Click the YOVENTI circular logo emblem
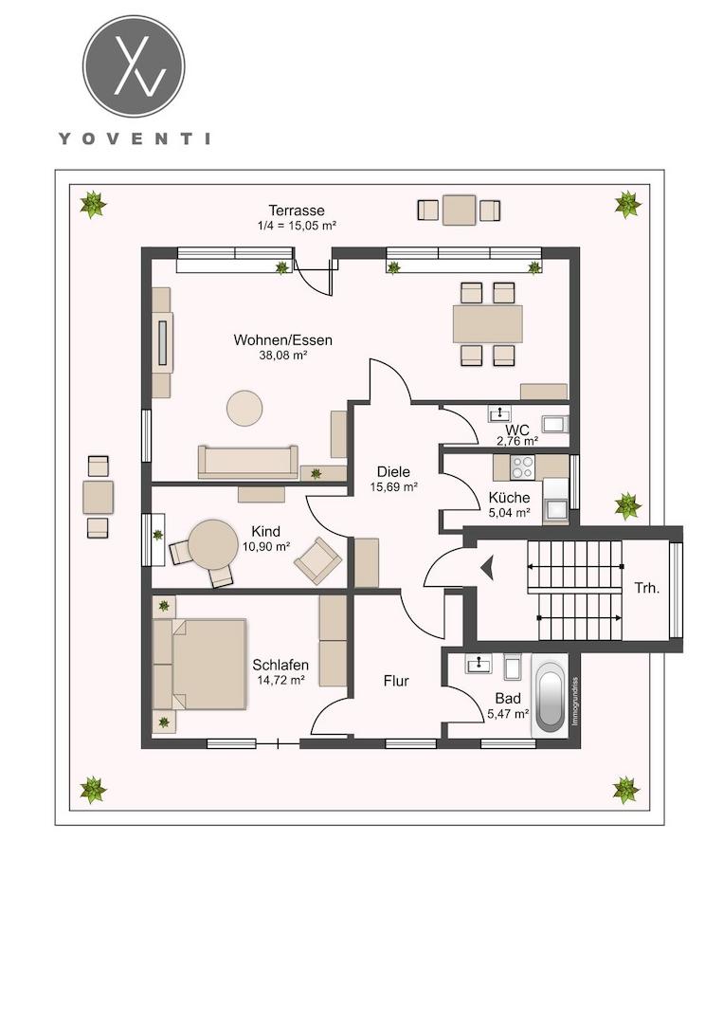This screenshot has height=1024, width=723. coord(134,66)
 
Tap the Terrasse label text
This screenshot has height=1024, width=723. coord(297,210)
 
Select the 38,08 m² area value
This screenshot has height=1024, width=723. coord(283,356)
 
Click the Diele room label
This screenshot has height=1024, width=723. coord(393,471)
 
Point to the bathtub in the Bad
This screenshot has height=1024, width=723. coord(549,696)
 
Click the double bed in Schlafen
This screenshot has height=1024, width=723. coord(200,664)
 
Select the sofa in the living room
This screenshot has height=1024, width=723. coord(248,462)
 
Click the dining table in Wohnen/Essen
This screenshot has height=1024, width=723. coord(488,324)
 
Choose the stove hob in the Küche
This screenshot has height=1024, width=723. coord(522,466)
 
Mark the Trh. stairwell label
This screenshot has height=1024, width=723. coord(646,588)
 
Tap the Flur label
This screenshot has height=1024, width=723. coord(396,681)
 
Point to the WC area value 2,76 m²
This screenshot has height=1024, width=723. coord(517,442)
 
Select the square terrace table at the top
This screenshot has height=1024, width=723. coord(460,210)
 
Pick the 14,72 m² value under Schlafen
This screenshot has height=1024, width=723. coord(281,680)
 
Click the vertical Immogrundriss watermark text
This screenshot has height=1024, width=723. coord(575,700)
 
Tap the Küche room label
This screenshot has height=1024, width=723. coord(510,498)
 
